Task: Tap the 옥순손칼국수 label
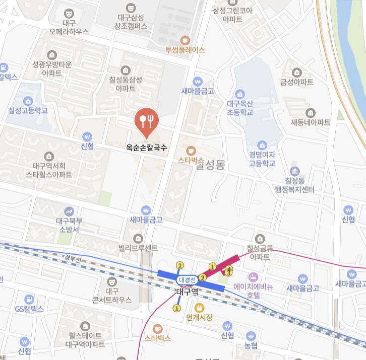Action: click(x=147, y=149)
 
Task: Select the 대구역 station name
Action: click(x=189, y=291)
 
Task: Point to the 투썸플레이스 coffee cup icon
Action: click(x=185, y=40)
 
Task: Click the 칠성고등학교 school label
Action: click(x=28, y=110)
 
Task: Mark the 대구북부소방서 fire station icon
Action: click(x=69, y=210)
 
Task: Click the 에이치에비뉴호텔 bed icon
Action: click(x=253, y=277)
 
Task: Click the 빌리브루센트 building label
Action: click(x=138, y=247)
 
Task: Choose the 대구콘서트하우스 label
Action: click(x=112, y=295)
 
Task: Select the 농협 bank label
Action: click(x=251, y=345)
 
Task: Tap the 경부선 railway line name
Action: click(x=74, y=258)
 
